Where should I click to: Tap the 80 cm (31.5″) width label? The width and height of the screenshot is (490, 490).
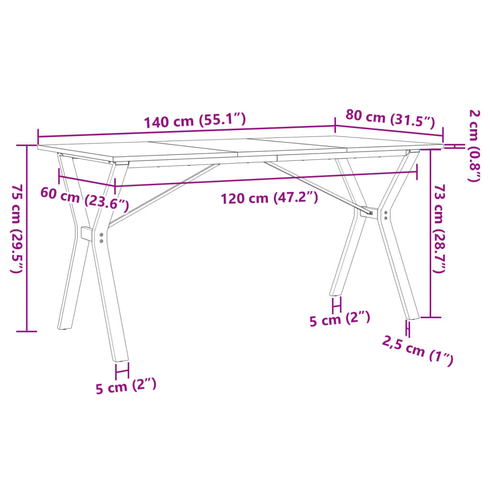point(390,119)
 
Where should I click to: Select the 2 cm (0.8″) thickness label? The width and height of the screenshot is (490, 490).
point(474,145)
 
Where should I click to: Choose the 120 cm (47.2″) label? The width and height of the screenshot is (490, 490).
point(269,198)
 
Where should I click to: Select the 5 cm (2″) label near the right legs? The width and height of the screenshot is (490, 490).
point(340,319)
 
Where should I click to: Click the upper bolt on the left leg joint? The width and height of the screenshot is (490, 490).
point(101,235)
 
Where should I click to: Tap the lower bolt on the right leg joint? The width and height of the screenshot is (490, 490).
point(386,218)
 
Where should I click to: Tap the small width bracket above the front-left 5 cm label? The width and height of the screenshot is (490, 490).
point(122,370)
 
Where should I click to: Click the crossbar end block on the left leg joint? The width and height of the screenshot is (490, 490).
point(87,234)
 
